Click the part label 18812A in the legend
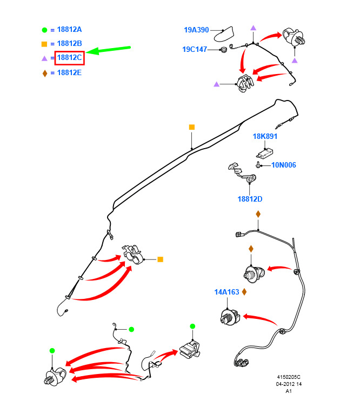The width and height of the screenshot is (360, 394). point(69,30)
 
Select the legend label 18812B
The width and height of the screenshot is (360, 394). point(69,44)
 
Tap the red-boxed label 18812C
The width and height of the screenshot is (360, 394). point(69,58)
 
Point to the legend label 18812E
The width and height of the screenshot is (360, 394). point(69,73)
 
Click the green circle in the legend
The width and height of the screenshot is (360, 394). point(44,30)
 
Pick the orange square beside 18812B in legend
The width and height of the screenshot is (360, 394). point(44,44)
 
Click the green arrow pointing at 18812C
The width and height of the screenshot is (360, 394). point(108,50)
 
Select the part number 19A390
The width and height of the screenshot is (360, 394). point(196,30)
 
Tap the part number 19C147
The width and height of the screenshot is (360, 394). point(195,50)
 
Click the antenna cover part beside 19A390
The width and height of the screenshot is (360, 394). point(224,34)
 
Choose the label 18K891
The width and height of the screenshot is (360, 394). point(265,136)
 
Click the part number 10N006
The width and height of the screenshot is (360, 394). point(284,165)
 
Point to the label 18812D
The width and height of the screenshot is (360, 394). point(250,199)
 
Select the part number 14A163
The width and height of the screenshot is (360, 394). point(227,292)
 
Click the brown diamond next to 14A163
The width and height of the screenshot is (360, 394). point(244,292)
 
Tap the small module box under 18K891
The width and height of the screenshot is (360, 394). point(265,153)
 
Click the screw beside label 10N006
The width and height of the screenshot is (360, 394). point(258,165)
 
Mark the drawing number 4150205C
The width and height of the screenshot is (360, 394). point(289,377)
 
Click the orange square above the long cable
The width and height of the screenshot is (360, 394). point(192,127)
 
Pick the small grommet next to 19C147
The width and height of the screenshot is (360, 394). point(223,49)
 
